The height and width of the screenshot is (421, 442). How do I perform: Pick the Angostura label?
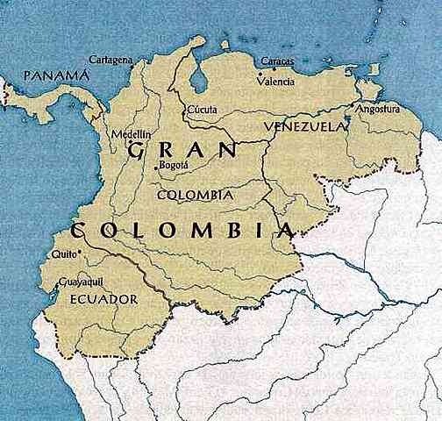377,109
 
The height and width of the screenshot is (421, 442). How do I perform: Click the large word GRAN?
172,151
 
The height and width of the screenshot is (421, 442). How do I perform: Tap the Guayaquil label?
80,282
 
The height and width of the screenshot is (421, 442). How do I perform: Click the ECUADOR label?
103,300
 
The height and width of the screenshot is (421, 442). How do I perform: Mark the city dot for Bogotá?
157,166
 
